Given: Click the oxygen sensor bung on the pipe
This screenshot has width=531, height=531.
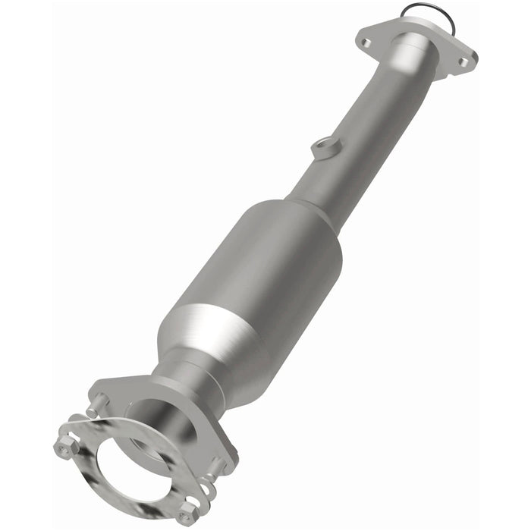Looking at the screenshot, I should (324, 147).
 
